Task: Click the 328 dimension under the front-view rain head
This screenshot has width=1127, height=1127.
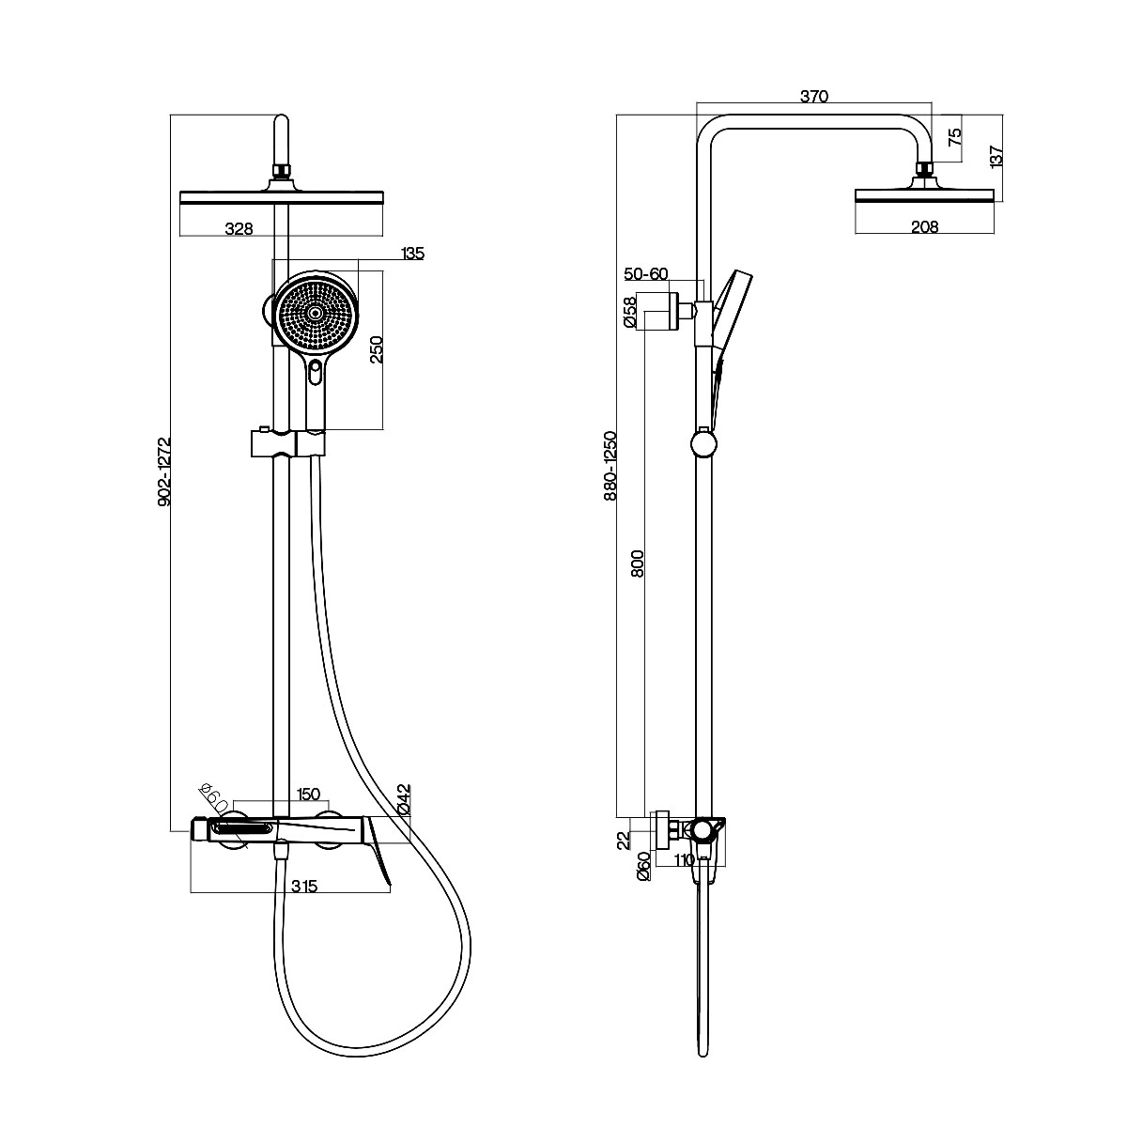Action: (239, 228)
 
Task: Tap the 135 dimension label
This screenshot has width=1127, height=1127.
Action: (412, 254)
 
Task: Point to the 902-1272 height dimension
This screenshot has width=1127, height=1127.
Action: (164, 471)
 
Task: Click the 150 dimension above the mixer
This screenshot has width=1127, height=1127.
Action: (308, 794)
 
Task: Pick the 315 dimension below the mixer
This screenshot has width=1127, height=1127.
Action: (304, 886)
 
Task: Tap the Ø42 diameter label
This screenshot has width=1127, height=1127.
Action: (405, 800)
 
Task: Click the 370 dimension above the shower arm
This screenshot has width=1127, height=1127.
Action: (814, 97)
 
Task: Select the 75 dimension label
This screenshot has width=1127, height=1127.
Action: (954, 137)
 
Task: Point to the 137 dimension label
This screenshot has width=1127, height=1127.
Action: (996, 156)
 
